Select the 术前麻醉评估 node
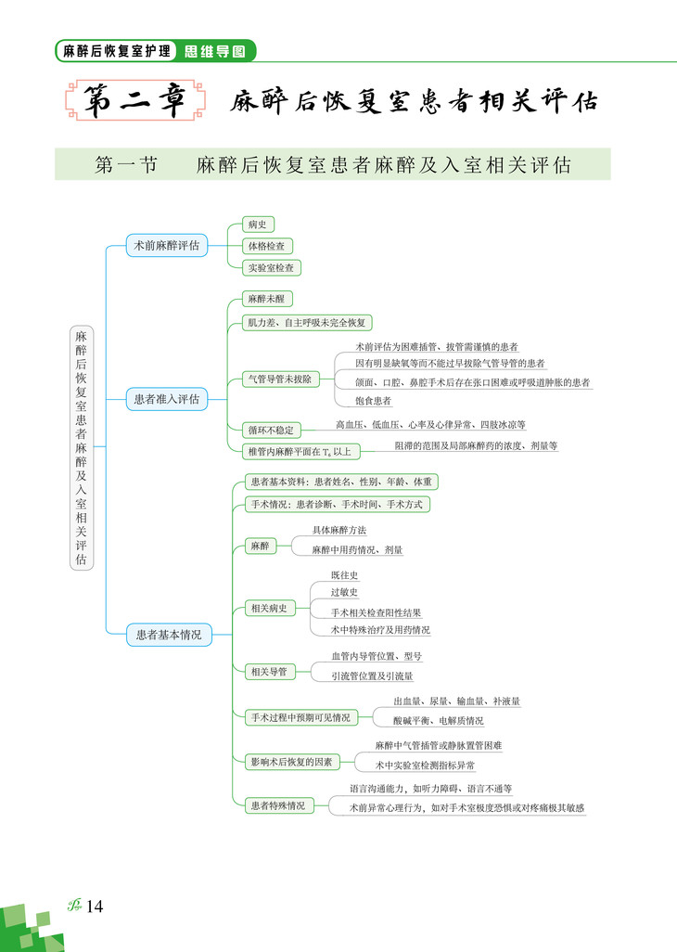click(166, 246)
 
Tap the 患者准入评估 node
click(166, 399)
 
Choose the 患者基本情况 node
click(168, 635)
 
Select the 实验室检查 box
click(272, 267)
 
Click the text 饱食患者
click(374, 401)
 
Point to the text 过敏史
click(344, 593)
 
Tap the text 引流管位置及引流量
click(372, 676)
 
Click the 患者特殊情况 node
click(276, 805)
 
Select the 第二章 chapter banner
click(135, 101)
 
